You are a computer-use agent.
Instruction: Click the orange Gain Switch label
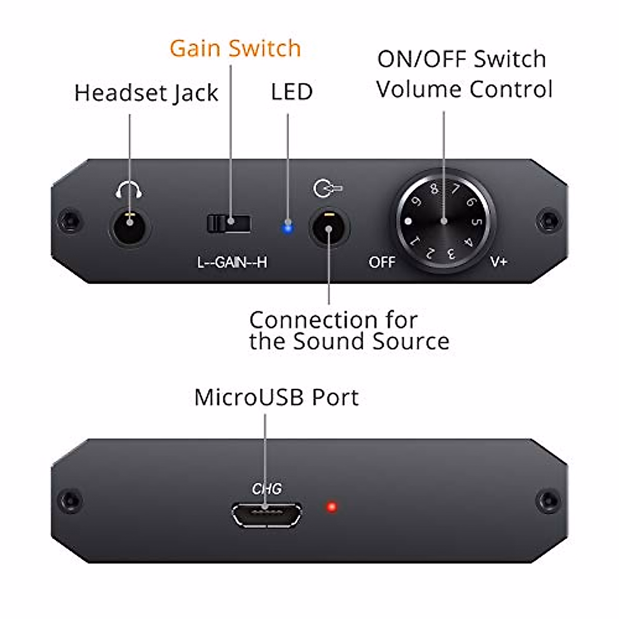pos(235,48)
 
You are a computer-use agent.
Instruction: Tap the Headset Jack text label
pos(146,93)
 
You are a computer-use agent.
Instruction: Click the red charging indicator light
pos(332,507)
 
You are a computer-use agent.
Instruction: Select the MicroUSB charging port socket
pos(266,515)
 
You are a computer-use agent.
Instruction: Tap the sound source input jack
pos(329,226)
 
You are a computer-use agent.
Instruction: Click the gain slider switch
pos(229,223)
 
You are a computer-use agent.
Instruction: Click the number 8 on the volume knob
pos(434,189)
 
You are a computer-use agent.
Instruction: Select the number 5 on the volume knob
pos(477,221)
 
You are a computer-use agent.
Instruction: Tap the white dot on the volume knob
pos(409,222)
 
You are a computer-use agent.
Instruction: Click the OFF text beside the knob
pos(382,262)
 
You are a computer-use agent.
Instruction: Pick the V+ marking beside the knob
pos(499,262)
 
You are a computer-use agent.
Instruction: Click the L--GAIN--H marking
pos(232,263)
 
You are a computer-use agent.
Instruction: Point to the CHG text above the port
pos(267,488)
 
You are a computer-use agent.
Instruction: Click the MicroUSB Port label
pos(276,398)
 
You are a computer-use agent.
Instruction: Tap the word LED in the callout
pos(291,92)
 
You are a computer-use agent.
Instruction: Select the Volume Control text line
pos(464,89)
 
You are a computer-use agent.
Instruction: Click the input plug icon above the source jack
pos(328,188)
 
